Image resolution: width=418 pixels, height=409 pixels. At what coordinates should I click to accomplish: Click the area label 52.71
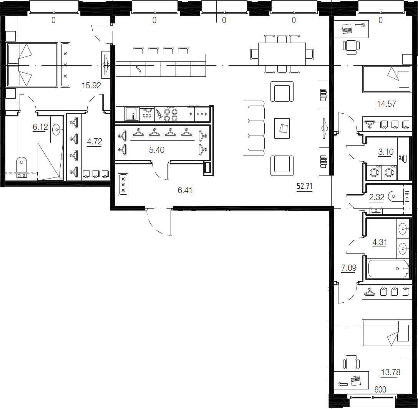coord(304,186)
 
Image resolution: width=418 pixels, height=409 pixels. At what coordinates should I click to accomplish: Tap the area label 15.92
coord(91,86)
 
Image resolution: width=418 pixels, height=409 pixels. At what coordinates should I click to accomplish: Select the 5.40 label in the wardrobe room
coord(157,150)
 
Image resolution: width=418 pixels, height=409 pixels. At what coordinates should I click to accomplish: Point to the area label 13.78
coord(391,372)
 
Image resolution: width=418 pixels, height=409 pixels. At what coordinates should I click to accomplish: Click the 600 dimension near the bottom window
coord(380,389)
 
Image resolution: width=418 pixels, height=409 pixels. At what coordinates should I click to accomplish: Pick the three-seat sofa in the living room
coord(254,128)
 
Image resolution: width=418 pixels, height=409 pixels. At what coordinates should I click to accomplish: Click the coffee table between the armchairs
coord(282,128)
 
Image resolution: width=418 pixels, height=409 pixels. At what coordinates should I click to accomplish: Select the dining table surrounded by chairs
coord(282,54)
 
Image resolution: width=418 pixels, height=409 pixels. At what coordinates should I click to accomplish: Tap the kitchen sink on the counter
coord(132,114)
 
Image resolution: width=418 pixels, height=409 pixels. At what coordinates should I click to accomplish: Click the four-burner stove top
coord(171,114)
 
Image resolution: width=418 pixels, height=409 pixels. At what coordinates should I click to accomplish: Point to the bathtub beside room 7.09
coord(388,268)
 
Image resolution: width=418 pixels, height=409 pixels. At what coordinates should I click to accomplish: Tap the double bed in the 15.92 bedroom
coord(32,65)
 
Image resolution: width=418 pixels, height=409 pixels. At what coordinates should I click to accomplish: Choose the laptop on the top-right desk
coord(347,28)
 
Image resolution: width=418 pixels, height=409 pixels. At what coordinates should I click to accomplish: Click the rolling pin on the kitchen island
coord(139,69)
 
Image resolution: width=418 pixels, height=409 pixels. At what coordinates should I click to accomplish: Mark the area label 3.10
coord(386,152)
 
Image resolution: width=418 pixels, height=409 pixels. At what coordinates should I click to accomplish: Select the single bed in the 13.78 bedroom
coord(386,333)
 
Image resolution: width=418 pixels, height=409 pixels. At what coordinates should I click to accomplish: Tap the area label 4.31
coord(379,242)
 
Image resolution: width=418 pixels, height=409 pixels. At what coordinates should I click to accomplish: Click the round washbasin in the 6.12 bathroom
coord(56,130)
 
